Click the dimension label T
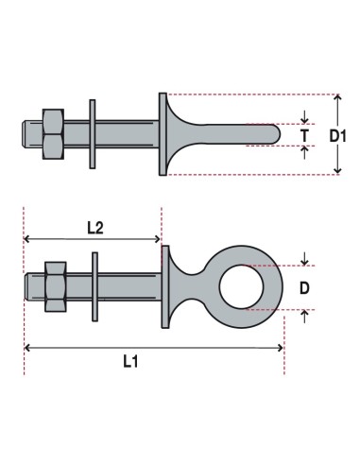pos(304,135)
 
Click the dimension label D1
pos(338,135)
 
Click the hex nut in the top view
pos(52,134)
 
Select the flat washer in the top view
pos(93,134)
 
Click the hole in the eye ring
pos(237,285)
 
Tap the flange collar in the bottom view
pos(166,285)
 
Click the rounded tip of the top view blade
pos(276,134)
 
